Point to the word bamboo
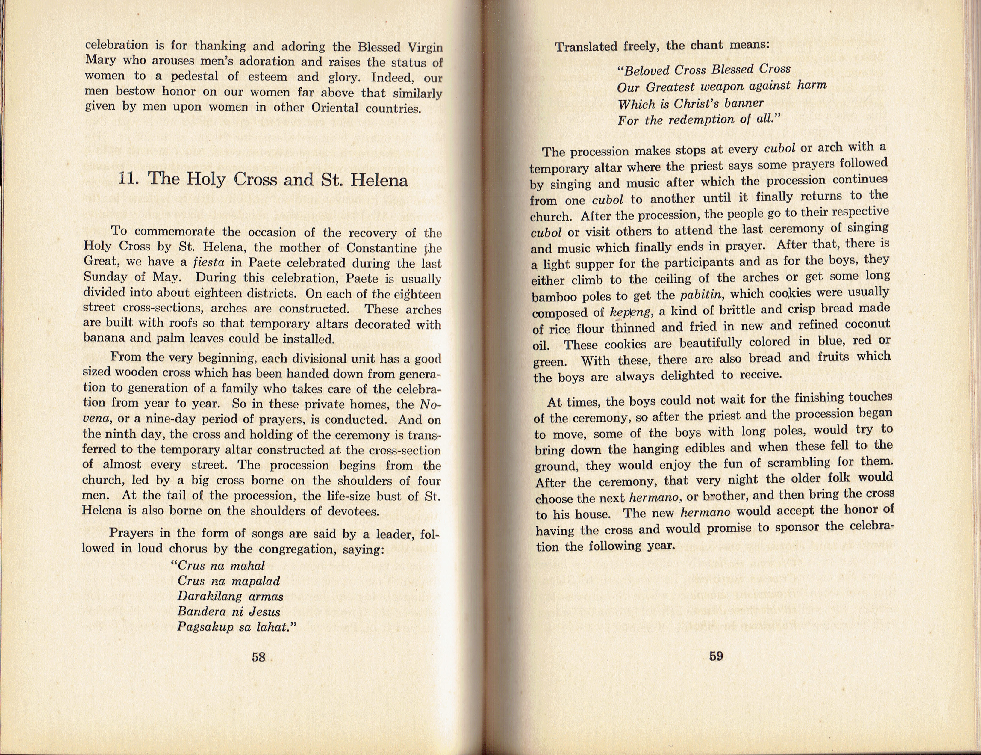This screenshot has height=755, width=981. click(552, 298)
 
